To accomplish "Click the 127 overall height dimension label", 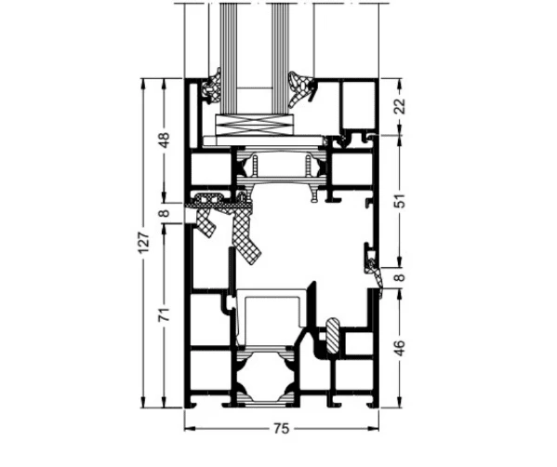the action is [x=143, y=243].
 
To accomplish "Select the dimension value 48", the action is [x=164, y=140].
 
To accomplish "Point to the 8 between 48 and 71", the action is [x=164, y=213].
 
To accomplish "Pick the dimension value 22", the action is [x=400, y=106].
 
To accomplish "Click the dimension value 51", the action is [x=400, y=201].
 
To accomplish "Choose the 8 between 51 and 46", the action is [x=400, y=277].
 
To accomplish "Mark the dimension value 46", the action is [x=400, y=348].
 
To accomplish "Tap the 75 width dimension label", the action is [x=282, y=429].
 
